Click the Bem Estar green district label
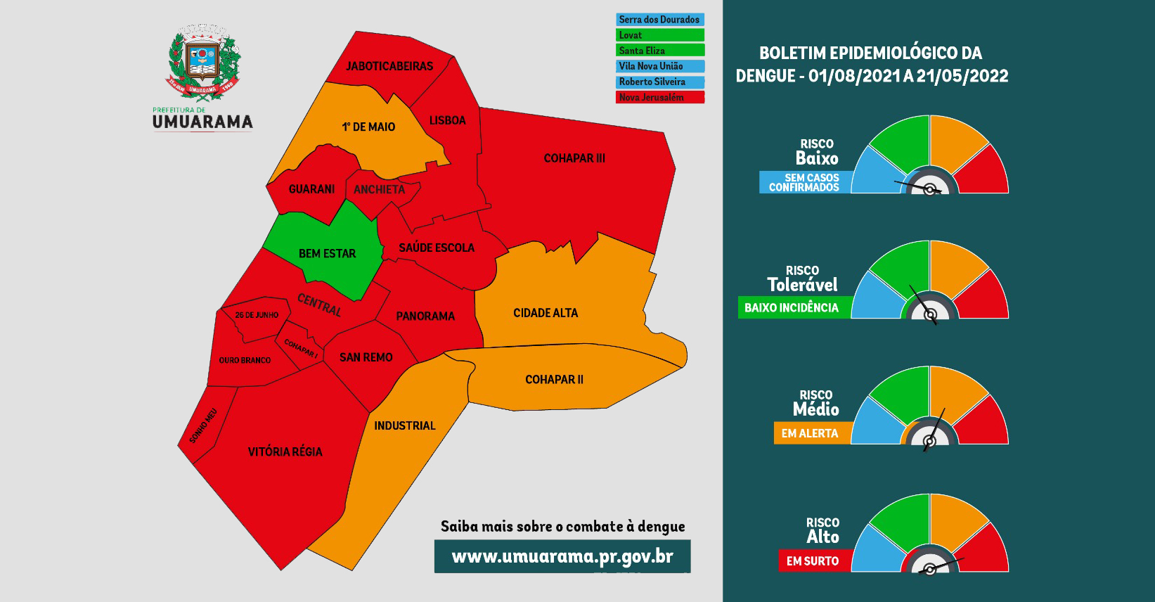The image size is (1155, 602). pyautogui.click(x=327, y=253)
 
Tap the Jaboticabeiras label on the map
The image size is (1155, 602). pyautogui.click(x=389, y=66)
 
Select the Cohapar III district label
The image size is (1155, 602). pyautogui.click(x=574, y=158)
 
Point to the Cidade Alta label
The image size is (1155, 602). pyautogui.click(x=546, y=313)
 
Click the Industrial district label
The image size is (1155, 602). pyautogui.click(x=405, y=425)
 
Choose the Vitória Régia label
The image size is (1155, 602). pyautogui.click(x=285, y=451)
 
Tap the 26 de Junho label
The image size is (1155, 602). pyautogui.click(x=257, y=315)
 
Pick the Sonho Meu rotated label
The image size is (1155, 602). pyautogui.click(x=203, y=425)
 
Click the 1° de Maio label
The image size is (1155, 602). pyautogui.click(x=368, y=127)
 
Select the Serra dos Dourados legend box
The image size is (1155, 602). pyautogui.click(x=659, y=20)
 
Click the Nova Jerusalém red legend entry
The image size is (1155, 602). pyautogui.click(x=659, y=98)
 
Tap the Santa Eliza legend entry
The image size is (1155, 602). pyautogui.click(x=659, y=51)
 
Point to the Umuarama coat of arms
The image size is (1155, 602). pyautogui.click(x=204, y=63)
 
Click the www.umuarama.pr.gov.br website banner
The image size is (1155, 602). pyautogui.click(x=562, y=556)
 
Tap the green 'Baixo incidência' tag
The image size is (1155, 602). pyautogui.click(x=792, y=308)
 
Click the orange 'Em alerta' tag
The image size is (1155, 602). pyautogui.click(x=811, y=433)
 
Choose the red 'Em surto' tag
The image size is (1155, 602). pyautogui.click(x=813, y=561)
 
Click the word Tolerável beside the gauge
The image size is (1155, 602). pyautogui.click(x=802, y=285)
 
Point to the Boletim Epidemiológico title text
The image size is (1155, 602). pyautogui.click(x=872, y=65)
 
